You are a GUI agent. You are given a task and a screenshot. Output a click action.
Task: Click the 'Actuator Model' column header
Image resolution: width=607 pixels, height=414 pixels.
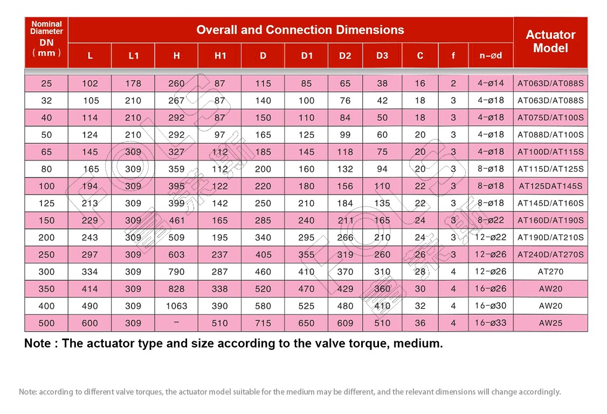coord(550,42)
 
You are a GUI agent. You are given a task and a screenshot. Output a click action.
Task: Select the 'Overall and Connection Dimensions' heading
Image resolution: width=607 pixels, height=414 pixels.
coord(300,30)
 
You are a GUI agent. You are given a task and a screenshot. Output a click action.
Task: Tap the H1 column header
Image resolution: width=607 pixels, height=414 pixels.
coord(220,56)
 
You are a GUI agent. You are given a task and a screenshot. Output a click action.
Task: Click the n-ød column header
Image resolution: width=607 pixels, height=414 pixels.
coord(491,56)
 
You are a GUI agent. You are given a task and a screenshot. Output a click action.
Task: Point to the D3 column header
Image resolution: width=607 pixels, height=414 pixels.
coord(382,56)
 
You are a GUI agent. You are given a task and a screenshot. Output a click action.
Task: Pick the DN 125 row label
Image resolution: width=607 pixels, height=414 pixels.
coord(46,203)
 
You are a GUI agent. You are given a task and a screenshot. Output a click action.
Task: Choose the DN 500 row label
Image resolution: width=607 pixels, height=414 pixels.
coord(46,323)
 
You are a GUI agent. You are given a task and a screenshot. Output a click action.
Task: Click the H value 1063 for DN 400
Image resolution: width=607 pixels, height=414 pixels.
coord(176,306)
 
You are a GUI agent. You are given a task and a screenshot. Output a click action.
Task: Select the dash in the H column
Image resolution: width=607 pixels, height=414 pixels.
coord(176,322)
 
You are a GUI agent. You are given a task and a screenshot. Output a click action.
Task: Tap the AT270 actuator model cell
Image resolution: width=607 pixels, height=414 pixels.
coord(550,272)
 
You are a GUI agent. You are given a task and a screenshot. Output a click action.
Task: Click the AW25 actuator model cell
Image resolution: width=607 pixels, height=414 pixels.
coord(550,323)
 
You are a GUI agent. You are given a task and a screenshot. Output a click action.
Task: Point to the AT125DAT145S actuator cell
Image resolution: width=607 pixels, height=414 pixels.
coord(550,187)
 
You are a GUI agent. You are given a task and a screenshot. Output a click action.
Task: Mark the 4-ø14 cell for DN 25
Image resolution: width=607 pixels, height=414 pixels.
coord(491,83)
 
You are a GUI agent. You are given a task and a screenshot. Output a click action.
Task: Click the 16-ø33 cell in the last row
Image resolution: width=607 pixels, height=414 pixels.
coord(491,323)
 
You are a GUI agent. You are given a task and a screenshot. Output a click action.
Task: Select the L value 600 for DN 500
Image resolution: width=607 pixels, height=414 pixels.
coord(90,323)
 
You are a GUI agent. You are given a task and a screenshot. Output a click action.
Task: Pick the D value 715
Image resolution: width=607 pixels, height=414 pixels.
coord(263,323)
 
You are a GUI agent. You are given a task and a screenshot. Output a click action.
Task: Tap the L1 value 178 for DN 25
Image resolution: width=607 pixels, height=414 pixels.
coord(133,83)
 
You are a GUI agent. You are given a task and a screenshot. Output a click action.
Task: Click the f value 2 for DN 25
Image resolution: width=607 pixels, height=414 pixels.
coord(453,83)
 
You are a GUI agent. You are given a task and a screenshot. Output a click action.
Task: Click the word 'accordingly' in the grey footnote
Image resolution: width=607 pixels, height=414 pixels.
coord(540,392)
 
